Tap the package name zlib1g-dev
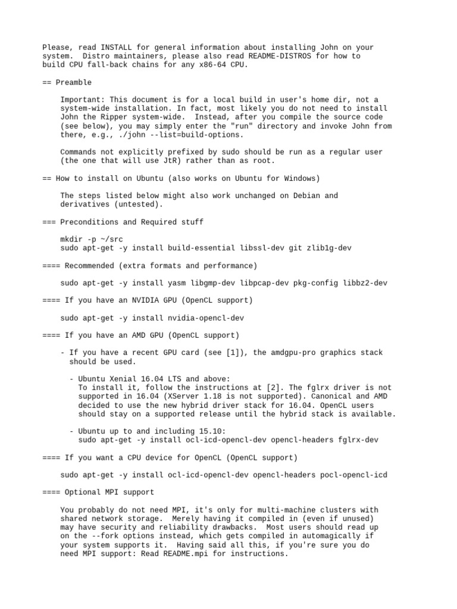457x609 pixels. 329,248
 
